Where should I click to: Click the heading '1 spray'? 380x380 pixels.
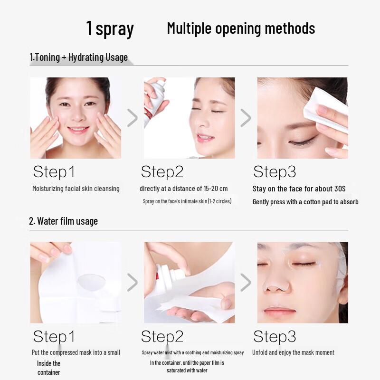coord(110,28)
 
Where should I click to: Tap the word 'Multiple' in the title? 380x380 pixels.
coord(189,28)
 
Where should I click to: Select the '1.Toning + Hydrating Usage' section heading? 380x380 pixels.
coord(79,57)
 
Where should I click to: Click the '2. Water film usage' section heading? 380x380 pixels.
coord(63,221)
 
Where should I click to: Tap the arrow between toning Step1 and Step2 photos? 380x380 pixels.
coord(133,118)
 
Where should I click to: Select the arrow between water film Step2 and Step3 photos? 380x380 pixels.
coord(246,282)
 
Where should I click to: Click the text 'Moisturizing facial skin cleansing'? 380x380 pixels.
coord(76,189)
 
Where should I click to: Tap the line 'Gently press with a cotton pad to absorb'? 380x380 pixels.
coord(305,201)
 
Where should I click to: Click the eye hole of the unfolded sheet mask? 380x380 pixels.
coord(91,281)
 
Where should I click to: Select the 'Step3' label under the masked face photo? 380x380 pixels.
coord(275,337)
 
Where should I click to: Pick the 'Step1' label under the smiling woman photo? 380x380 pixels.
coord(54,171)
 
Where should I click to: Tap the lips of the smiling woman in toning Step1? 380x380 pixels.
coord(78,130)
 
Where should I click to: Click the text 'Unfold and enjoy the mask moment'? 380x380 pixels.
coord(293,352)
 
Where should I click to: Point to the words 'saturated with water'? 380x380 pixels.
coord(187,370)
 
